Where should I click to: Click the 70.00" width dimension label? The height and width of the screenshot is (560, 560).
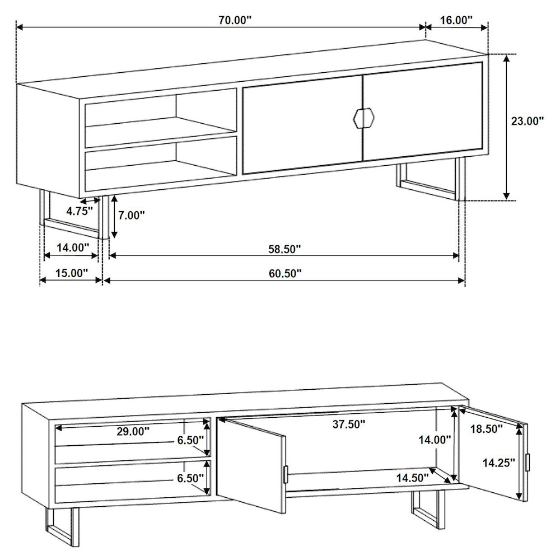235,20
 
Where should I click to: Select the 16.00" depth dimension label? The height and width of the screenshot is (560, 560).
456,20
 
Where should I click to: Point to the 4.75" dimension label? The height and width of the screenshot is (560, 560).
78,212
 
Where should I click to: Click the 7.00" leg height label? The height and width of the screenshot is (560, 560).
132,215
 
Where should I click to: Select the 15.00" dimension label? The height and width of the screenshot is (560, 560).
72,273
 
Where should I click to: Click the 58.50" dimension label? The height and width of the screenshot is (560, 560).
284,249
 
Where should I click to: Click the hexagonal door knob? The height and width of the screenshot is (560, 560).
363,117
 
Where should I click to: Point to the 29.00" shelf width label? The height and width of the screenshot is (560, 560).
133,431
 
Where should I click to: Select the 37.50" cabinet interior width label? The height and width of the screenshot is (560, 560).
349,424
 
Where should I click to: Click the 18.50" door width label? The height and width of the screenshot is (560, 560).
486,429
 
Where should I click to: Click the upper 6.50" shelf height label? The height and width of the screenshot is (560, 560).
190,440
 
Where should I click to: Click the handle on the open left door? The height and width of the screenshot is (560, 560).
286,473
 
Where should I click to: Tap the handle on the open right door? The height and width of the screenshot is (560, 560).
526,462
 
